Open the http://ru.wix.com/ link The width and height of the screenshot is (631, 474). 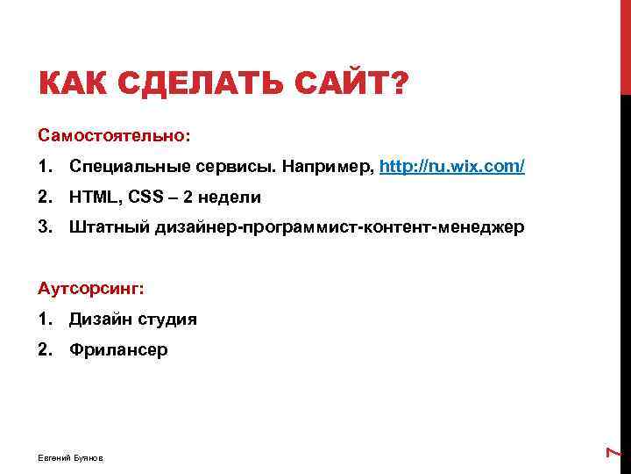tap(452, 167)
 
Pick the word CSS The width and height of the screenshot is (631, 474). tap(147, 197)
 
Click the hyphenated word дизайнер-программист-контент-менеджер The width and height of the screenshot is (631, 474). tap(340, 228)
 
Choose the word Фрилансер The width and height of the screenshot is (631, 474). tap(118, 350)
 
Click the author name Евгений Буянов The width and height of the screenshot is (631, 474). tap(70, 458)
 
